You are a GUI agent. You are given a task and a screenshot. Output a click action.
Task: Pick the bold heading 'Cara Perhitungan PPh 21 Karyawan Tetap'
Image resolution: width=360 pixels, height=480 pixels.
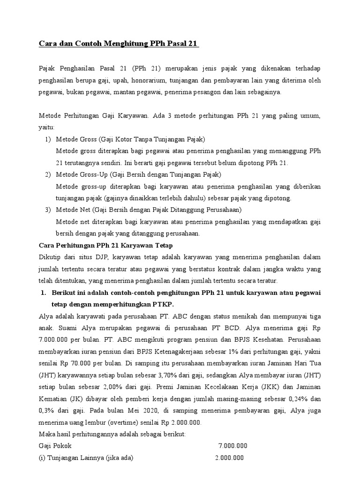(102, 245)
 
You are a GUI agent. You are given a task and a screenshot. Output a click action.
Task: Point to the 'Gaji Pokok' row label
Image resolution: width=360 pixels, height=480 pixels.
(54, 446)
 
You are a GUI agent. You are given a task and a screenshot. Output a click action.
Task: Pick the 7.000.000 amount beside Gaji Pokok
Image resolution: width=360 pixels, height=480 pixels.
(233, 446)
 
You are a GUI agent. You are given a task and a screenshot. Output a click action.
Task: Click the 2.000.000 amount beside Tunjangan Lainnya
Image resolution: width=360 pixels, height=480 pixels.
(230, 458)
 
